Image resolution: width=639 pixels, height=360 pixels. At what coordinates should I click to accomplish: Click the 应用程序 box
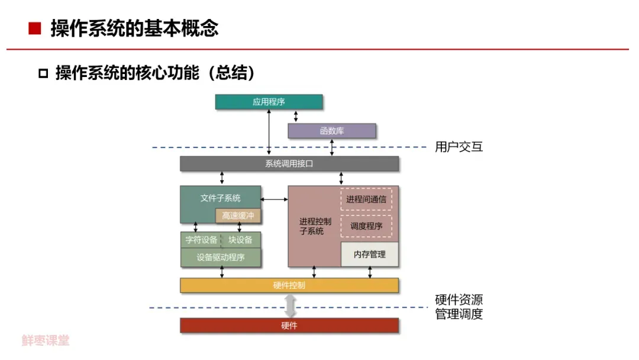click(x=269, y=102)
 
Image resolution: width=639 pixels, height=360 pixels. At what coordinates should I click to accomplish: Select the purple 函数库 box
click(x=331, y=131)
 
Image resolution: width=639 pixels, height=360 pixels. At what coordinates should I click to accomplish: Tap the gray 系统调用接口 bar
click(x=289, y=164)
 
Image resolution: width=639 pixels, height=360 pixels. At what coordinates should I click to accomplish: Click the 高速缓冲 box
click(x=238, y=216)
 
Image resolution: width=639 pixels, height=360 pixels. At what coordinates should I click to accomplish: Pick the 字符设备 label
click(x=201, y=240)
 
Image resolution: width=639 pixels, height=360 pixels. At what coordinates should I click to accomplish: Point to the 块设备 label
click(x=240, y=240)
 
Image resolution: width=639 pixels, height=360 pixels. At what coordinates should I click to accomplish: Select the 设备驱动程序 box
click(x=221, y=258)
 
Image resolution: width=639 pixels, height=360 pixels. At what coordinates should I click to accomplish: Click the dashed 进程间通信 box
click(x=366, y=200)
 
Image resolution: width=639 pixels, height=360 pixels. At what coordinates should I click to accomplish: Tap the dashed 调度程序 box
click(x=366, y=226)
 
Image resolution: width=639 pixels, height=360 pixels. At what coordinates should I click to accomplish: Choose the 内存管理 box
click(x=369, y=255)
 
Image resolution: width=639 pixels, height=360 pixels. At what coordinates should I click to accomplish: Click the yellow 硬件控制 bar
click(x=289, y=285)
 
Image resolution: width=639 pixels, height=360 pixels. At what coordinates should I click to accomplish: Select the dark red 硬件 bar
click(x=289, y=326)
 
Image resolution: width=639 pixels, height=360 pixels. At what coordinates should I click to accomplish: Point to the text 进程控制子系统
click(x=315, y=226)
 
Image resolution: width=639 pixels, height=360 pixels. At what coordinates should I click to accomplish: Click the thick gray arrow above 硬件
click(x=289, y=306)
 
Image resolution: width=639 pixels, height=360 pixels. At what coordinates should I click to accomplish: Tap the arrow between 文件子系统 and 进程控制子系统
click(x=275, y=199)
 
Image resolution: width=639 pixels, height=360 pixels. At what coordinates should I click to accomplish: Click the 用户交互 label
click(x=459, y=147)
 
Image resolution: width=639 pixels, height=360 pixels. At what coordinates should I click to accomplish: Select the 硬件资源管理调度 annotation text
click(x=459, y=307)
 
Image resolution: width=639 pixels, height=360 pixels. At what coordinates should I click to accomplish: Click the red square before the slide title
click(x=35, y=28)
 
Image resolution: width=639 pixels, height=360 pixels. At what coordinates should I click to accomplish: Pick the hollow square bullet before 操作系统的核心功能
click(x=43, y=74)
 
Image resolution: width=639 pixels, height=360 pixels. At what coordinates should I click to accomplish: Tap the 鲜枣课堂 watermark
click(x=46, y=341)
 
